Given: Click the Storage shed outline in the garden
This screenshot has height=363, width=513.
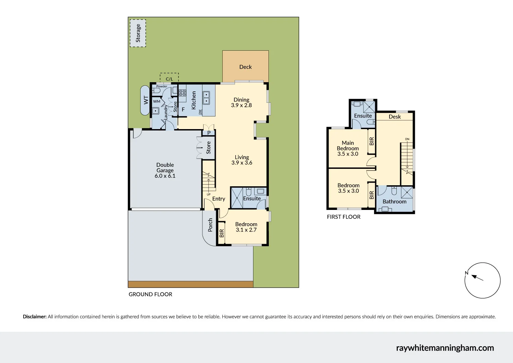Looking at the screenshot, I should [x=138, y=33].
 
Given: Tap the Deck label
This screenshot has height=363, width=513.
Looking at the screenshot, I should [x=245, y=67].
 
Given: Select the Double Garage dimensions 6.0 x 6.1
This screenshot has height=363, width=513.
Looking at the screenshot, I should [x=165, y=176].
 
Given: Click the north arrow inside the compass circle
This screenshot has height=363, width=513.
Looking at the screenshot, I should [x=477, y=277].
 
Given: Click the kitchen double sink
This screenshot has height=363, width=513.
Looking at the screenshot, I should [x=206, y=98].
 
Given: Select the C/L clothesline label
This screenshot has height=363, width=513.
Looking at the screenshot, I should [x=169, y=79].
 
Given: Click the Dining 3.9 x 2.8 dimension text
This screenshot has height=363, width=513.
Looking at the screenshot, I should [x=241, y=105].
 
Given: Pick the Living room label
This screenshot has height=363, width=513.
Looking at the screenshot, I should [x=242, y=157].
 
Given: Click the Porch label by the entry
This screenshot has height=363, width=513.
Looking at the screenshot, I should [x=210, y=225].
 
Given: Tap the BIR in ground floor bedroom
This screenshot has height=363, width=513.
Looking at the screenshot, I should [x=222, y=234].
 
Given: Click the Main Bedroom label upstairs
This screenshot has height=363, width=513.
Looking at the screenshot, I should [x=348, y=146].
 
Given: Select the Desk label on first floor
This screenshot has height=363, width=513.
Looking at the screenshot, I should [x=395, y=117].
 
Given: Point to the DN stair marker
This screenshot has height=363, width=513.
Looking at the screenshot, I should [x=407, y=139].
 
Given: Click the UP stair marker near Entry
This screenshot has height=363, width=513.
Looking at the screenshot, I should [x=209, y=195].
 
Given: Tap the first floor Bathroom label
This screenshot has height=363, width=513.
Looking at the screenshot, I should [x=394, y=202].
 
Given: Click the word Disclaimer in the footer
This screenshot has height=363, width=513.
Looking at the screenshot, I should [x=35, y=317].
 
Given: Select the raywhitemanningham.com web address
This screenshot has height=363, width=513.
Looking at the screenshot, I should [x=445, y=348].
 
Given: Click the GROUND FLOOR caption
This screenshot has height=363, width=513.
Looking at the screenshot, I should [x=150, y=295].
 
